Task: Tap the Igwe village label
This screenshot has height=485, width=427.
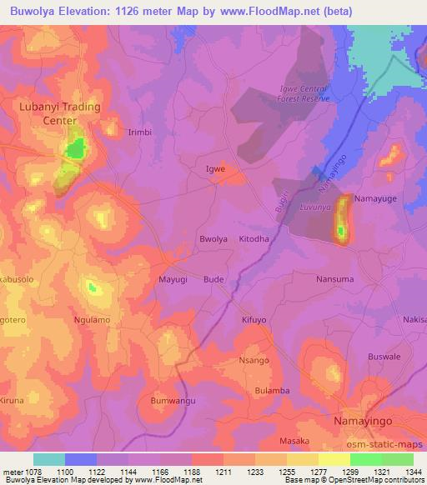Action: [215, 169]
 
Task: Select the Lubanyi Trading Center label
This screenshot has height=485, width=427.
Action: [60, 113]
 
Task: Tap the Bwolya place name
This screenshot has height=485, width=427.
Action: [213, 239]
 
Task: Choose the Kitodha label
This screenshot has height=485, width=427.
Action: [254, 239]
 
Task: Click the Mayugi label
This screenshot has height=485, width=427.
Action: [173, 280]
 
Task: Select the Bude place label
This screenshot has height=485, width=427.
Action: [213, 280]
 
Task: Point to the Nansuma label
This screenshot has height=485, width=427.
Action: [334, 279]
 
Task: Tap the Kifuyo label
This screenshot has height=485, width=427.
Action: [254, 319]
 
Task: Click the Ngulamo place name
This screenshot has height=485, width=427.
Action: [93, 319]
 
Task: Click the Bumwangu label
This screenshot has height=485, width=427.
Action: [173, 401]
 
